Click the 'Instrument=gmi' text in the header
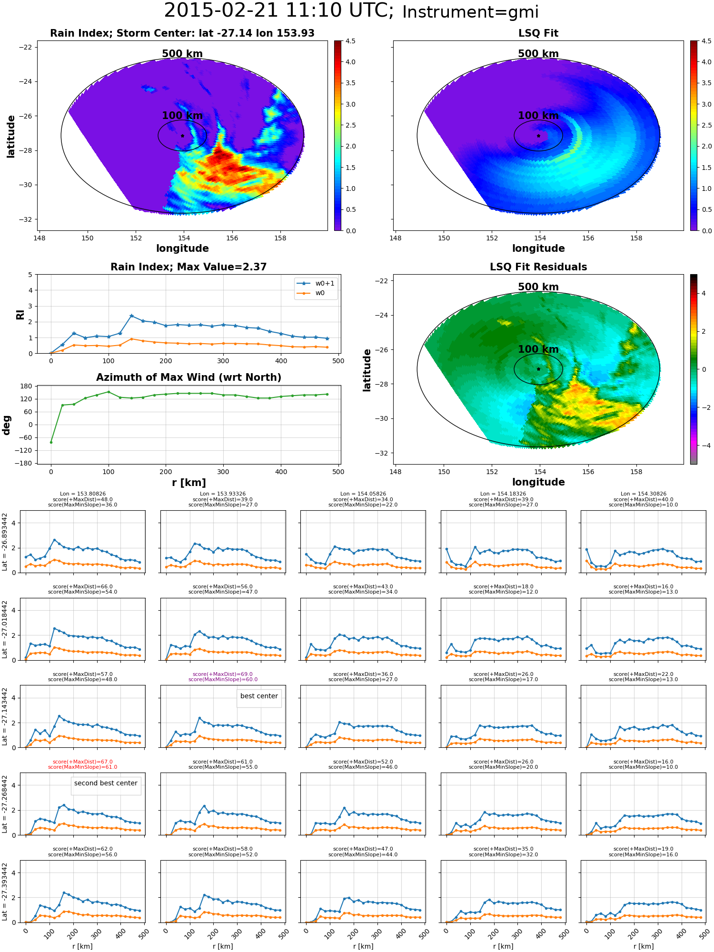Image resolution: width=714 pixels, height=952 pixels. (470, 12)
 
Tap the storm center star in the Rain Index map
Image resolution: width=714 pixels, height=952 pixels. (182, 136)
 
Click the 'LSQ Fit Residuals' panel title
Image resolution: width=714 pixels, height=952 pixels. (538, 267)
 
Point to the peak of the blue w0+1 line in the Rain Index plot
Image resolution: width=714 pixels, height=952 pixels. (131, 316)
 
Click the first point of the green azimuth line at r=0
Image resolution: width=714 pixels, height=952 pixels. (51, 442)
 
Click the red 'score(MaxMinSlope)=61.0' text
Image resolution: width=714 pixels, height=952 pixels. (82, 767)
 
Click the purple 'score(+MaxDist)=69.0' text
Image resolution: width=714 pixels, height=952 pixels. (223, 674)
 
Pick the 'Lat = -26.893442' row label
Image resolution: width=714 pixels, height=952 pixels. (5, 542)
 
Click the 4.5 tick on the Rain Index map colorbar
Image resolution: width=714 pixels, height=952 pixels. (350, 41)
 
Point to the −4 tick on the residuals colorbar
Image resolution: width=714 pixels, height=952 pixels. (703, 446)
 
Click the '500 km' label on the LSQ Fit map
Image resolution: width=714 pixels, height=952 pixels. (538, 54)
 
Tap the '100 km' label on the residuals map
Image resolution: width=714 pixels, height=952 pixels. (538, 349)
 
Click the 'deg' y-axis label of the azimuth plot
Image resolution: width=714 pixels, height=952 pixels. (7, 425)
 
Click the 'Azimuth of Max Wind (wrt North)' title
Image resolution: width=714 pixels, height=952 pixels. (188, 377)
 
